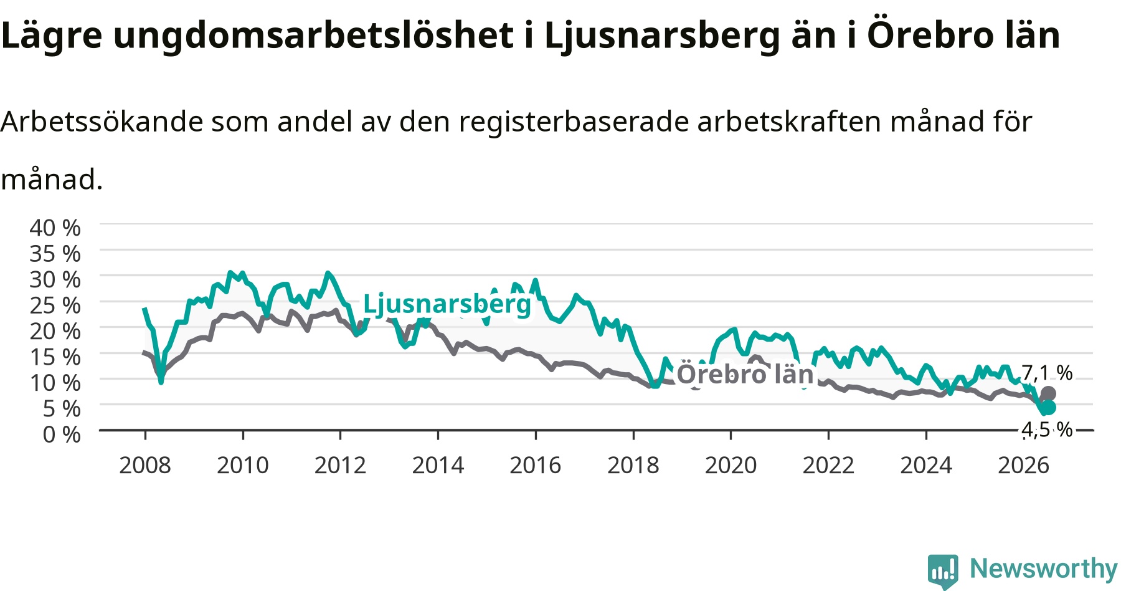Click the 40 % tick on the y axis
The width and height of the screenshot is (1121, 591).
click(55, 228)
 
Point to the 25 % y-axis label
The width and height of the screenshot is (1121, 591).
click(55, 305)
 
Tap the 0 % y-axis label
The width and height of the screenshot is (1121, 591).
click(61, 434)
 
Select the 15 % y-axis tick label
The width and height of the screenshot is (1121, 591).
click(55, 357)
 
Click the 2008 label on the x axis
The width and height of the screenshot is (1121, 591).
click(145, 465)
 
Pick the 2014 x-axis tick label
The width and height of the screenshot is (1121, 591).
click(438, 465)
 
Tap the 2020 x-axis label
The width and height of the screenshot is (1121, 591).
click(731, 465)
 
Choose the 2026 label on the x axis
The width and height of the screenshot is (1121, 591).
click(1024, 465)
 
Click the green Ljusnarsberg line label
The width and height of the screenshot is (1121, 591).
click(447, 304)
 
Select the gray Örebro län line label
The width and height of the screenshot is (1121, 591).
click(745, 374)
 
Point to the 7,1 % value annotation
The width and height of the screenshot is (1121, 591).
click(1047, 373)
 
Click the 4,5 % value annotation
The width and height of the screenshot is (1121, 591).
click(1047, 430)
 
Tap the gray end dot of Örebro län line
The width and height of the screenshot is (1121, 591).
click(1049, 393)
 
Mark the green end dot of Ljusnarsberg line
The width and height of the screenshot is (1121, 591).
click(1049, 407)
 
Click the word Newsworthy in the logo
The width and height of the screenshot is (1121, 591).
click(1044, 569)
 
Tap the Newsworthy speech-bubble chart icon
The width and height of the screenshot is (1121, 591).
click(943, 570)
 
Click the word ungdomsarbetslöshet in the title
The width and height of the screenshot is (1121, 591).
click(313, 36)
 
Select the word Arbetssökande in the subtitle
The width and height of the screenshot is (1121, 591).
click(102, 122)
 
